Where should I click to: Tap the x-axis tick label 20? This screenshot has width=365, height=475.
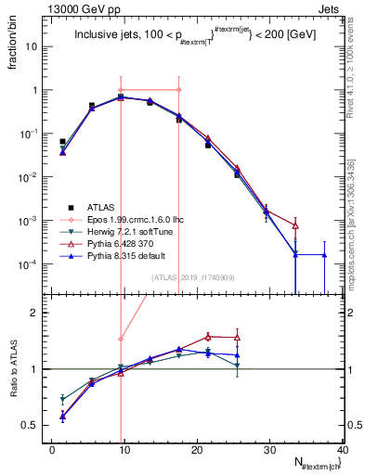(197, 450)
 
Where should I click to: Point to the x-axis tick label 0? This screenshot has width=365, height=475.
(52, 450)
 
